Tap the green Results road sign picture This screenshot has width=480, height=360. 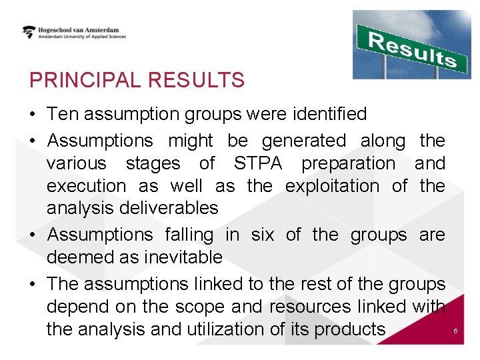pos(411,44)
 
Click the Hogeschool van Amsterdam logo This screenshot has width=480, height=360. pos(73,32)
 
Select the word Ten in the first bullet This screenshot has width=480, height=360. pos(62,114)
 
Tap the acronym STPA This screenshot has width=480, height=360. pos(258,163)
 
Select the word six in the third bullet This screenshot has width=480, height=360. pos(263,235)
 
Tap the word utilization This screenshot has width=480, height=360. pos(241,329)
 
